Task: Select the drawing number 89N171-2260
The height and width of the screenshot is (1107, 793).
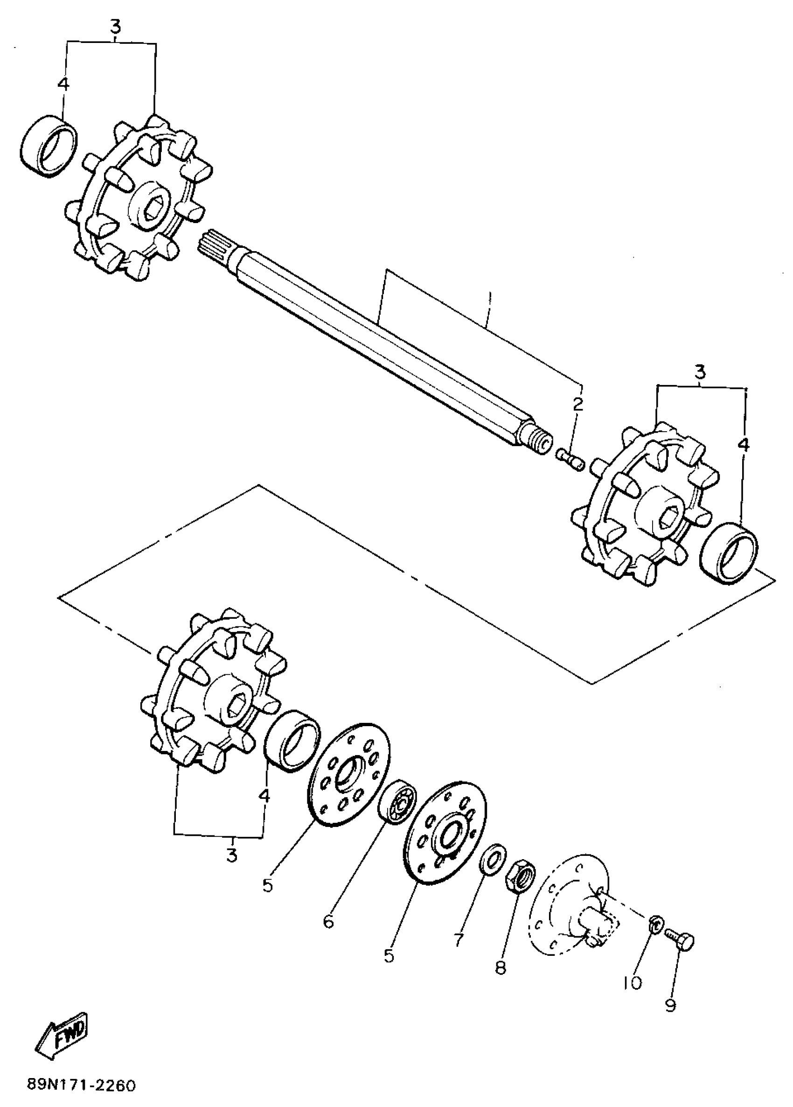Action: (81, 1086)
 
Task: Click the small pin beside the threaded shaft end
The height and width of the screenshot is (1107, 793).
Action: (570, 460)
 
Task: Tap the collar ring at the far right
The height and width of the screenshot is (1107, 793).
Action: (729, 553)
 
